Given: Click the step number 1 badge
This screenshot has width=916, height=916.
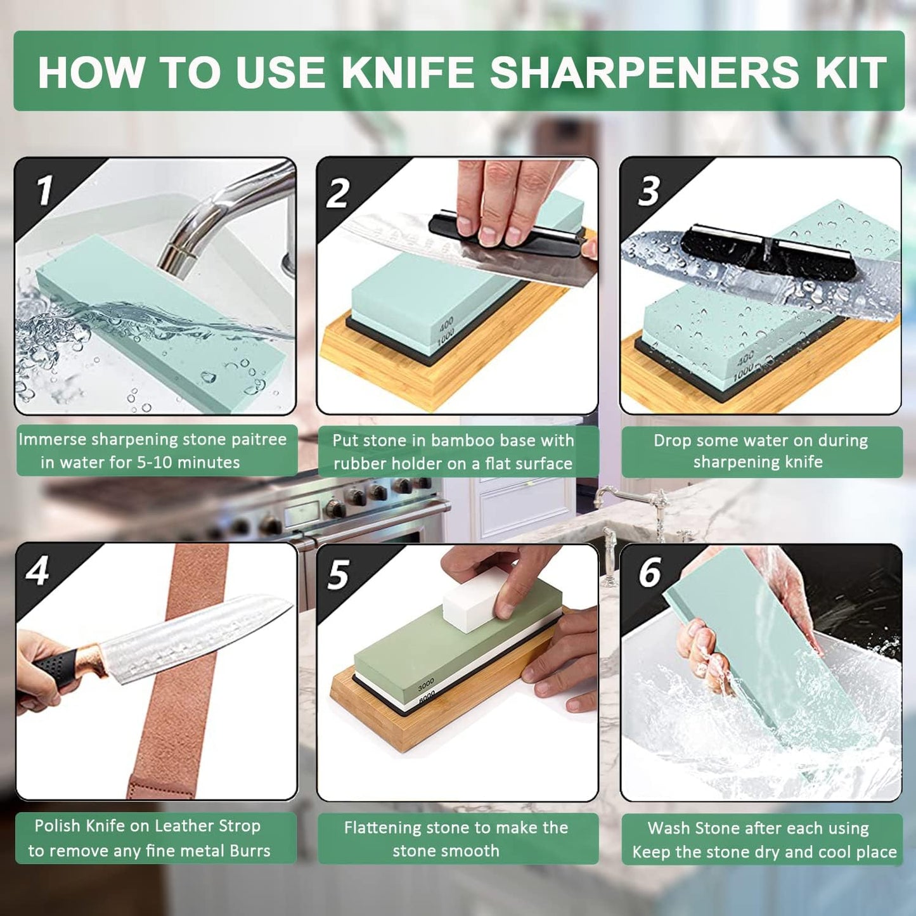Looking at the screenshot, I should click(x=43, y=190).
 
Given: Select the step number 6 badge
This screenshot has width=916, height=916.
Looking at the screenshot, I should click(x=650, y=572).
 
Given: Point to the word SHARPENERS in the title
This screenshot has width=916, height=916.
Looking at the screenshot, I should click(x=644, y=72).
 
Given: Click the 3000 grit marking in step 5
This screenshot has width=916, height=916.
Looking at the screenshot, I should click(x=426, y=685).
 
